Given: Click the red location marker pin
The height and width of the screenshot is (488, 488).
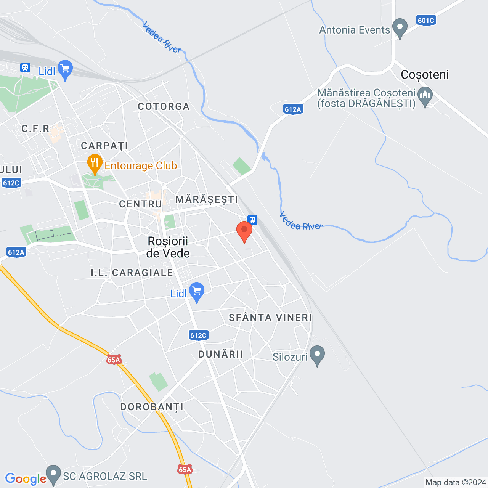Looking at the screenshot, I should pyautogui.click(x=244, y=231).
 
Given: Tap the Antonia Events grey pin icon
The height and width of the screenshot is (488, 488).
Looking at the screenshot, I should pyautogui.click(x=400, y=28).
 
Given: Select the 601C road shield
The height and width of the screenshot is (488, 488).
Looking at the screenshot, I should pyautogui.click(x=426, y=21).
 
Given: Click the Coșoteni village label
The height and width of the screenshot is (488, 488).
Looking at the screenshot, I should pyautogui.click(x=425, y=75).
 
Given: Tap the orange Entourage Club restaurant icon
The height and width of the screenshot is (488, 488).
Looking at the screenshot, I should pyautogui.click(x=95, y=164).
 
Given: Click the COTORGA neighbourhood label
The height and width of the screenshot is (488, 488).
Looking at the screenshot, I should pyautogui.click(x=164, y=106).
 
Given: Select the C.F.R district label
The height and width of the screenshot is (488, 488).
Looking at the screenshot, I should pyautogui.click(x=35, y=128).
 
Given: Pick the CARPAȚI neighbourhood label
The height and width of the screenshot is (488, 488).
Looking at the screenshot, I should pyautogui.click(x=104, y=146).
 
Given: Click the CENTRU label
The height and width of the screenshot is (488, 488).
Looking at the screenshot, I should pyautogui.click(x=141, y=204).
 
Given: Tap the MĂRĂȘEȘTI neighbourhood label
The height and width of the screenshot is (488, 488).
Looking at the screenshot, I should pyautogui.click(x=207, y=199).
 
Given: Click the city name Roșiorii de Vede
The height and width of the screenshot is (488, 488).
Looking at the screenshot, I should pyautogui.click(x=168, y=247).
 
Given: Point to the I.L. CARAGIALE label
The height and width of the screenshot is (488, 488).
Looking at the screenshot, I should pyautogui.click(x=132, y=273).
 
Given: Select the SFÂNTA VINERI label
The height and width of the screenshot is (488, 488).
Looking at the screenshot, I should pyautogui.click(x=270, y=318).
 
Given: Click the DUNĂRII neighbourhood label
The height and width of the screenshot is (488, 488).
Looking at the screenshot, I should pyautogui.click(x=220, y=354).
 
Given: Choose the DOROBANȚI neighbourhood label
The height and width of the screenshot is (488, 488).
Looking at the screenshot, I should pyautogui.click(x=152, y=407).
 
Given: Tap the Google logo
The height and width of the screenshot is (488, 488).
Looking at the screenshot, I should pyautogui.click(x=26, y=478).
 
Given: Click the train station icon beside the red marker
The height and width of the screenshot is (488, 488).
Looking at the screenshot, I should pyautogui.click(x=252, y=220).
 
